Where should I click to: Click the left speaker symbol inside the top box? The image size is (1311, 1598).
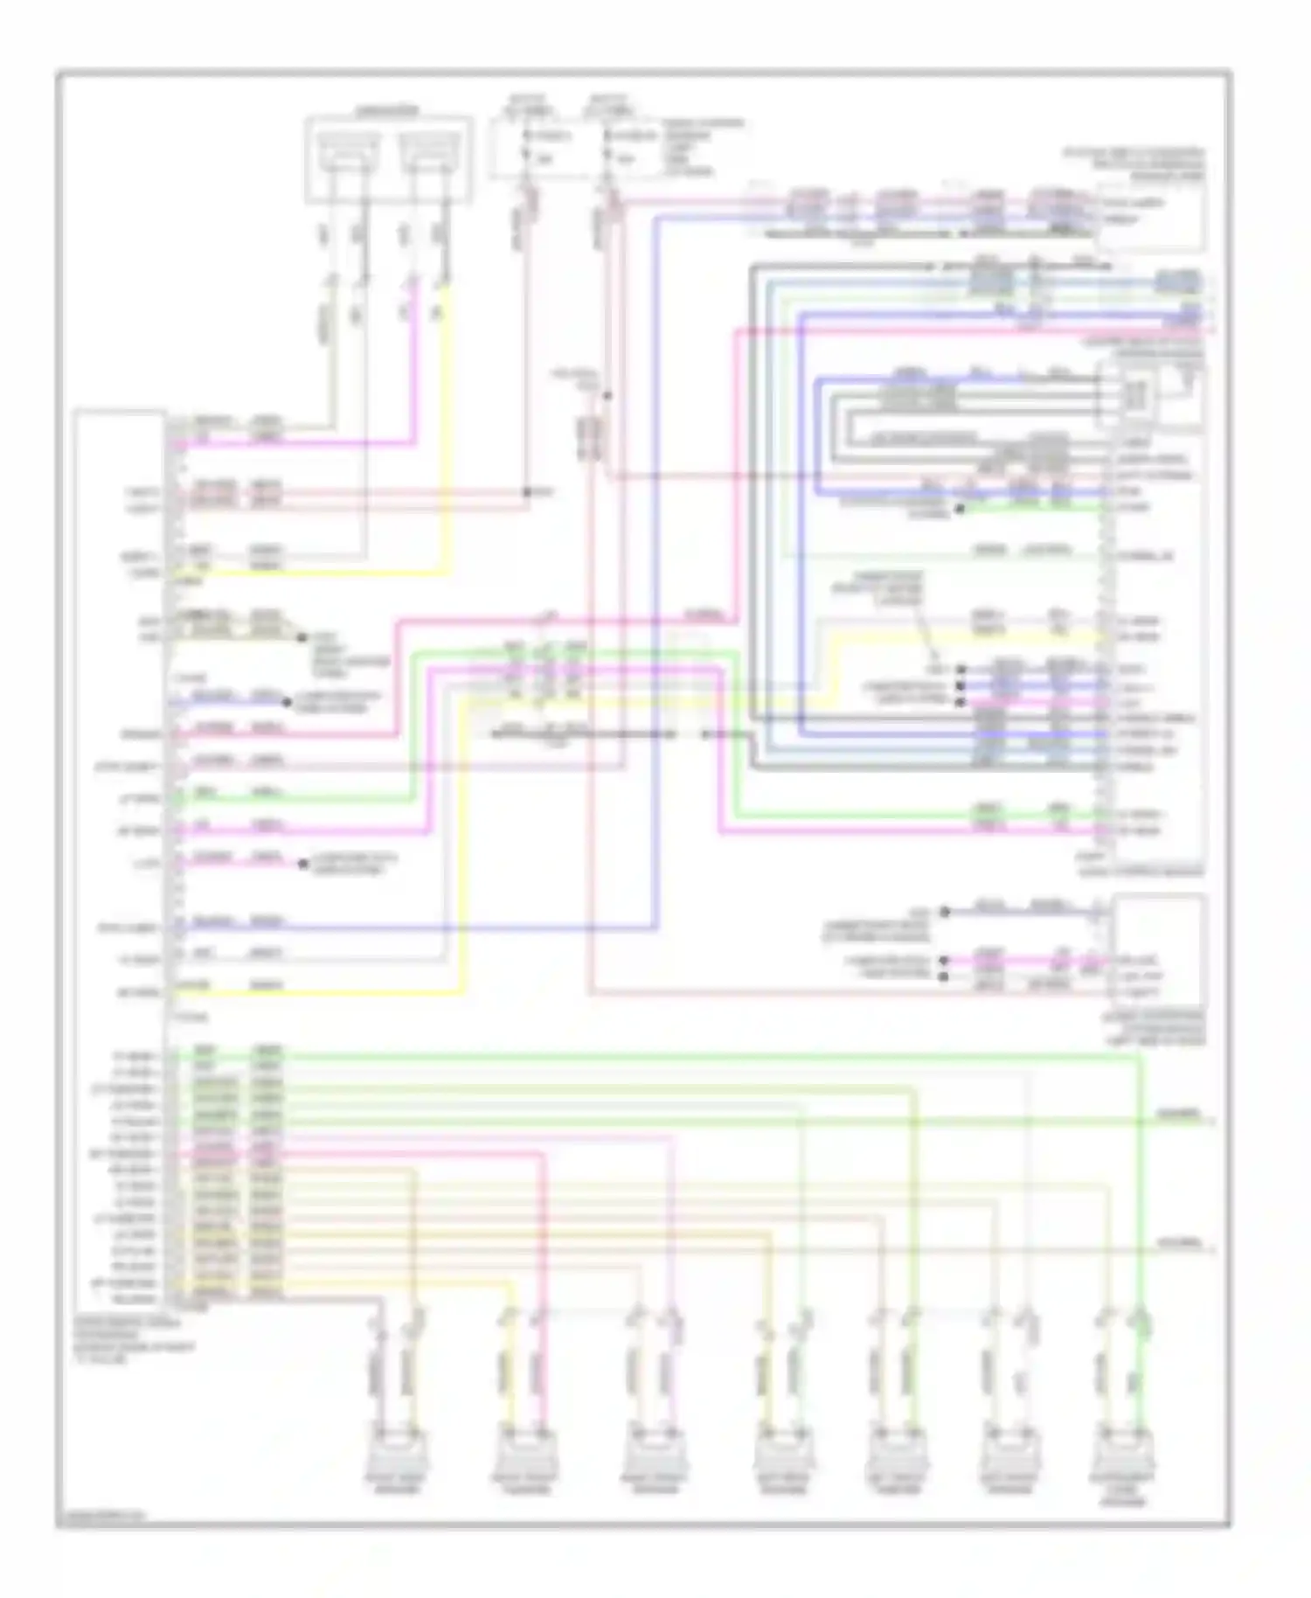pyautogui.click(x=349, y=152)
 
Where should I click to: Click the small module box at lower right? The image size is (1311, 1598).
pyautogui.click(x=1158, y=949)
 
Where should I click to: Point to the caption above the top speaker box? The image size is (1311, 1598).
pyautogui.click(x=388, y=111)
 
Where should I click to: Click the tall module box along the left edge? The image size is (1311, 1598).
pyautogui.click(x=121, y=857)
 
